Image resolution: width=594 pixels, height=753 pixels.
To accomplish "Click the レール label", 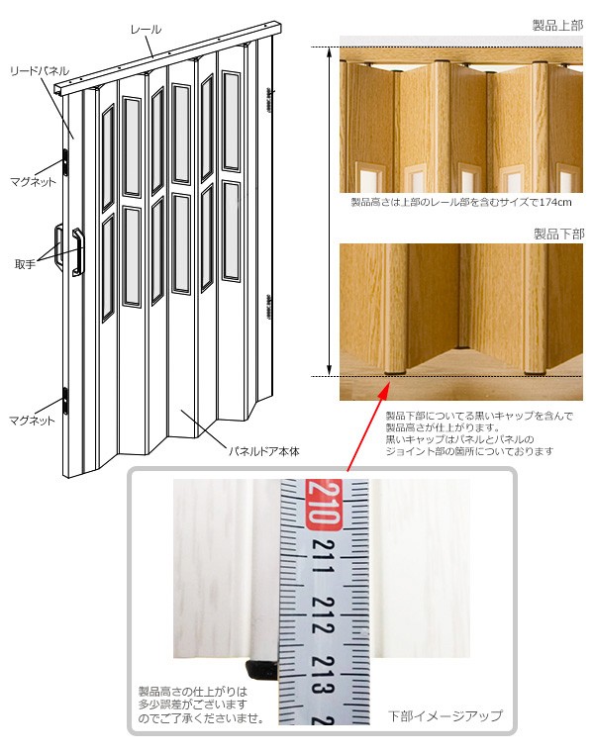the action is (x=146, y=30).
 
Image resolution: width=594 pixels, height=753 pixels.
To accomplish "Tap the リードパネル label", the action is (x=40, y=71).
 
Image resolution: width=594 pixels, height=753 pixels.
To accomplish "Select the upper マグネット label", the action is (x=33, y=181).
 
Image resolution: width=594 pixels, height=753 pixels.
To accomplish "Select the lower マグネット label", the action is (x=33, y=421).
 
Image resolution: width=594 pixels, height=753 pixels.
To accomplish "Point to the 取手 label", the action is (x=25, y=264).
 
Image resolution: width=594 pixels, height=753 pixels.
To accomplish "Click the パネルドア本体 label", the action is (x=264, y=451).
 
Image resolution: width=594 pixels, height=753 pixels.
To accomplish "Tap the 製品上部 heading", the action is (x=557, y=25).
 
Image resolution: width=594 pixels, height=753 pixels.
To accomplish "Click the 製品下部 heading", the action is (x=558, y=234).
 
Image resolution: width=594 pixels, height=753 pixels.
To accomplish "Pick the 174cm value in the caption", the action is (x=555, y=202).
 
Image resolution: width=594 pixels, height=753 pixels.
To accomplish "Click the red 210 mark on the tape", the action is (x=324, y=505).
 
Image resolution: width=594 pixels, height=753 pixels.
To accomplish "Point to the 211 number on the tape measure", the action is (x=323, y=556).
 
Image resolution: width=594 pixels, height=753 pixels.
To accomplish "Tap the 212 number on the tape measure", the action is (x=323, y=615).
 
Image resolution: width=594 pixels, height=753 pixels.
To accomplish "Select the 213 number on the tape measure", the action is (x=323, y=674).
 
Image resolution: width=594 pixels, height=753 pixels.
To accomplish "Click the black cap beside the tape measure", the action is (x=262, y=669).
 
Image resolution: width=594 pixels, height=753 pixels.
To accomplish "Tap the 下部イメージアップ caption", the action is (x=445, y=715).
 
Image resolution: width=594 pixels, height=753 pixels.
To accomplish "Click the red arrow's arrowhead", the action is (x=383, y=389).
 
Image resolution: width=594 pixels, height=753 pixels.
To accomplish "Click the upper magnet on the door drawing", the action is (x=65, y=161).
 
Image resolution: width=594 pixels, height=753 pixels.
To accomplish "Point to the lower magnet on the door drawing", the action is (x=66, y=400).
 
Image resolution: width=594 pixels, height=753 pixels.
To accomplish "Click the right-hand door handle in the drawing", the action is (x=78, y=251).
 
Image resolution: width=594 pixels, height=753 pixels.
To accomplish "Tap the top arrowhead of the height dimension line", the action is (x=330, y=52).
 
